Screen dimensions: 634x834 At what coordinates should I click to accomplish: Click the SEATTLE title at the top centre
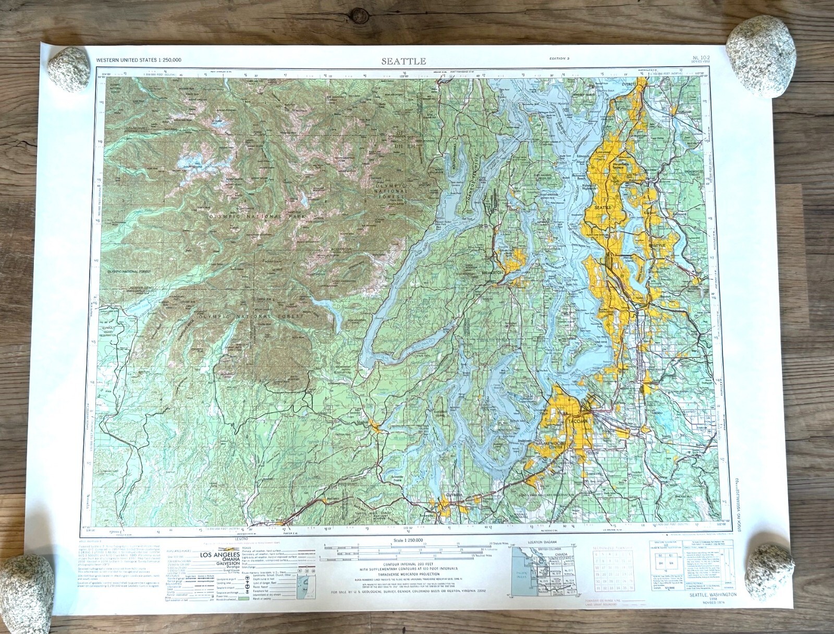[x=403, y=61]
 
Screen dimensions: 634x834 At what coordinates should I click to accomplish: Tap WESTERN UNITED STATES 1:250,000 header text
[x=139, y=61]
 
